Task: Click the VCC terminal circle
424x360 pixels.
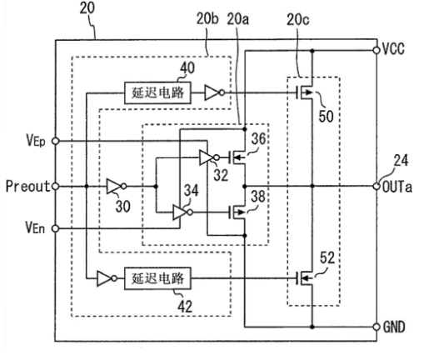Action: (x=377, y=51)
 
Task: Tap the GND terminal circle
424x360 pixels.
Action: (x=377, y=327)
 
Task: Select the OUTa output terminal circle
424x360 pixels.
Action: (x=377, y=186)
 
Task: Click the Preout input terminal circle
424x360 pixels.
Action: (x=56, y=186)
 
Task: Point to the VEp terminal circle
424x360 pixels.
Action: (x=56, y=141)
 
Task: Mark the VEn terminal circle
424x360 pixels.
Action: (x=56, y=228)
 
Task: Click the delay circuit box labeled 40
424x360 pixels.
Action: (x=157, y=93)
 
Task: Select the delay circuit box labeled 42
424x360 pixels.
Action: (x=157, y=278)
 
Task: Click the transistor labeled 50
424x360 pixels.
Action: (x=304, y=92)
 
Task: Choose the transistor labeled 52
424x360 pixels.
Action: (x=304, y=278)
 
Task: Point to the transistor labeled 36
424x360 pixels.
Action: (x=237, y=157)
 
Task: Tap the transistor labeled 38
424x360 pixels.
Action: (x=237, y=212)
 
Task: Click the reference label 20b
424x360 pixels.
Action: (x=207, y=19)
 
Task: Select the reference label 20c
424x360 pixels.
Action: (x=297, y=20)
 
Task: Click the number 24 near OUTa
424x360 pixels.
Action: (x=401, y=161)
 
